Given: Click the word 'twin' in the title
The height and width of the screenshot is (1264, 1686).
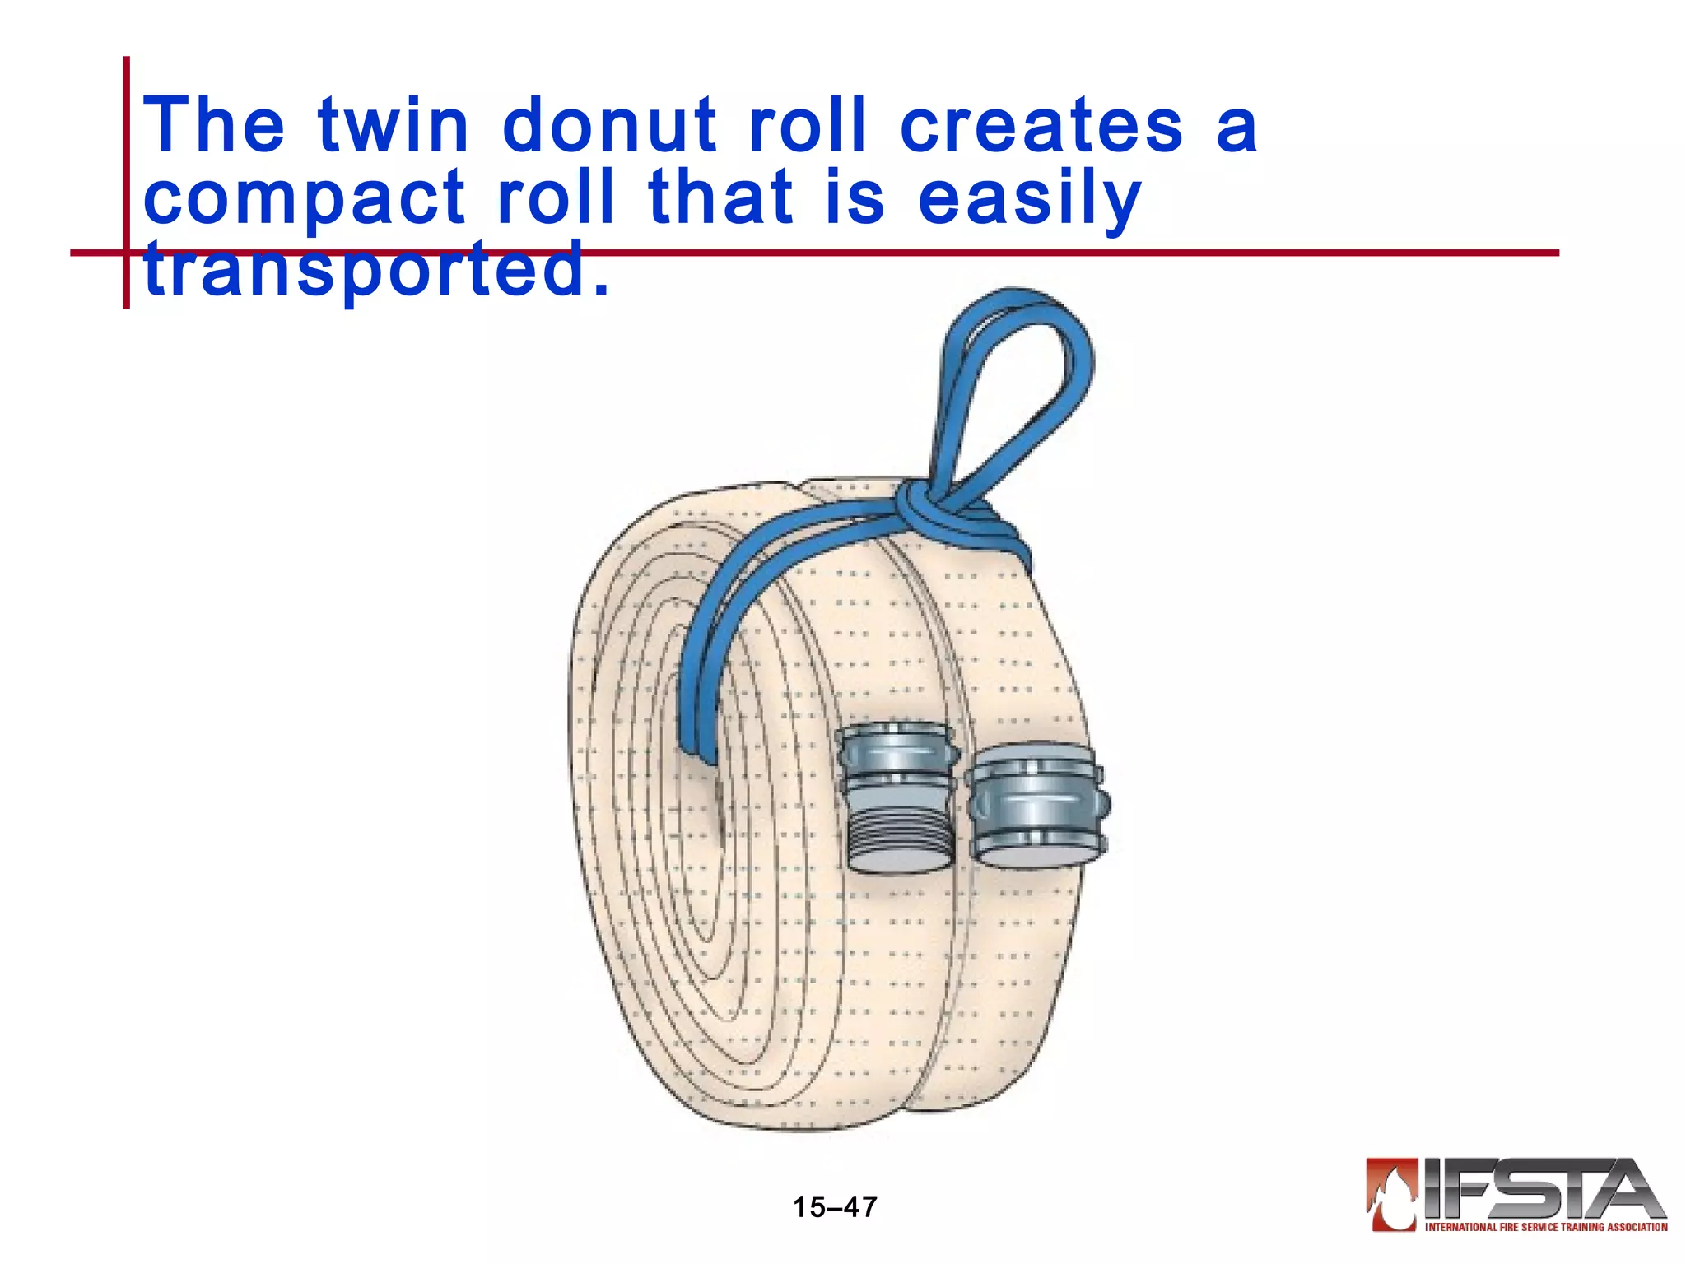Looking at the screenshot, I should (393, 125).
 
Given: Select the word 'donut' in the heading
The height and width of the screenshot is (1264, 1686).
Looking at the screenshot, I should (609, 125).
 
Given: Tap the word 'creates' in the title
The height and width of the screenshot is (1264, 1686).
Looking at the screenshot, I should (1041, 125).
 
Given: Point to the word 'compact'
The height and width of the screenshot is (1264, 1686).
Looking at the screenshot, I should (305, 199).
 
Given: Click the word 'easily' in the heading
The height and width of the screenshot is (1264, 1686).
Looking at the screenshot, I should (1029, 199).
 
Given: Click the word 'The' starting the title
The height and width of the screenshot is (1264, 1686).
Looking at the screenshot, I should (214, 125).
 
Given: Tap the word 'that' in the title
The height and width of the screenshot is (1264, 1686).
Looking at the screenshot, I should (721, 197).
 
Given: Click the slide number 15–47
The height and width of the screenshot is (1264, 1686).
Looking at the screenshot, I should (835, 1207).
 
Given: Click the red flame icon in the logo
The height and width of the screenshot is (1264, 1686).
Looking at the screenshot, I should (1391, 1193).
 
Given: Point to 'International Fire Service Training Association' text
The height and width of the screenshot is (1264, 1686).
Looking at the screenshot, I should (1546, 1227).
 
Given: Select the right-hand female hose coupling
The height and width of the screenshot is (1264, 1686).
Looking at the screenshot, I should (1037, 806).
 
